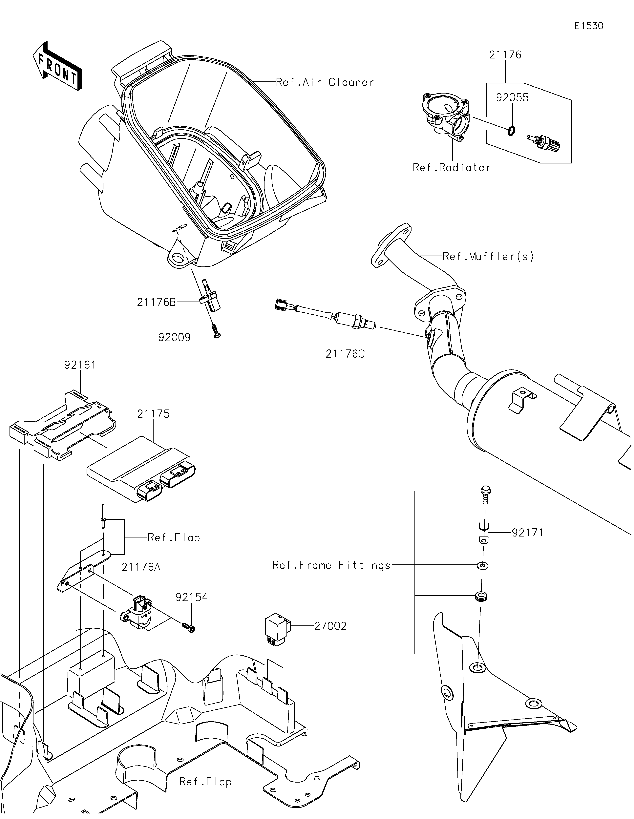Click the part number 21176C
(x=345, y=354)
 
